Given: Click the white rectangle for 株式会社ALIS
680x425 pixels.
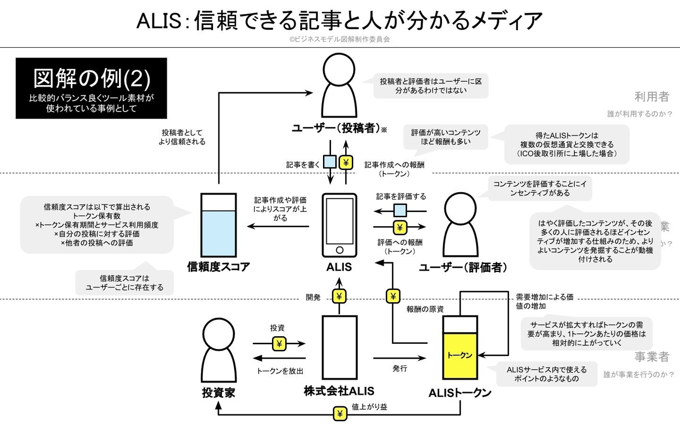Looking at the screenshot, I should [x=339, y=349].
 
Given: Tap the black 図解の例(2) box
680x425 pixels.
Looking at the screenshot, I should [x=91, y=88].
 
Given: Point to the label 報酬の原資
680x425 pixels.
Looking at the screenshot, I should [x=425, y=309].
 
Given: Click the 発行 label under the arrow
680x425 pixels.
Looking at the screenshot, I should [x=399, y=368].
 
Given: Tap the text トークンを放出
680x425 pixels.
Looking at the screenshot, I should [x=280, y=371].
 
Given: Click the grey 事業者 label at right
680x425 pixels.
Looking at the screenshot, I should [x=651, y=356].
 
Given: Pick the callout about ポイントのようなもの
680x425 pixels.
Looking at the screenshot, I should [x=546, y=374].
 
